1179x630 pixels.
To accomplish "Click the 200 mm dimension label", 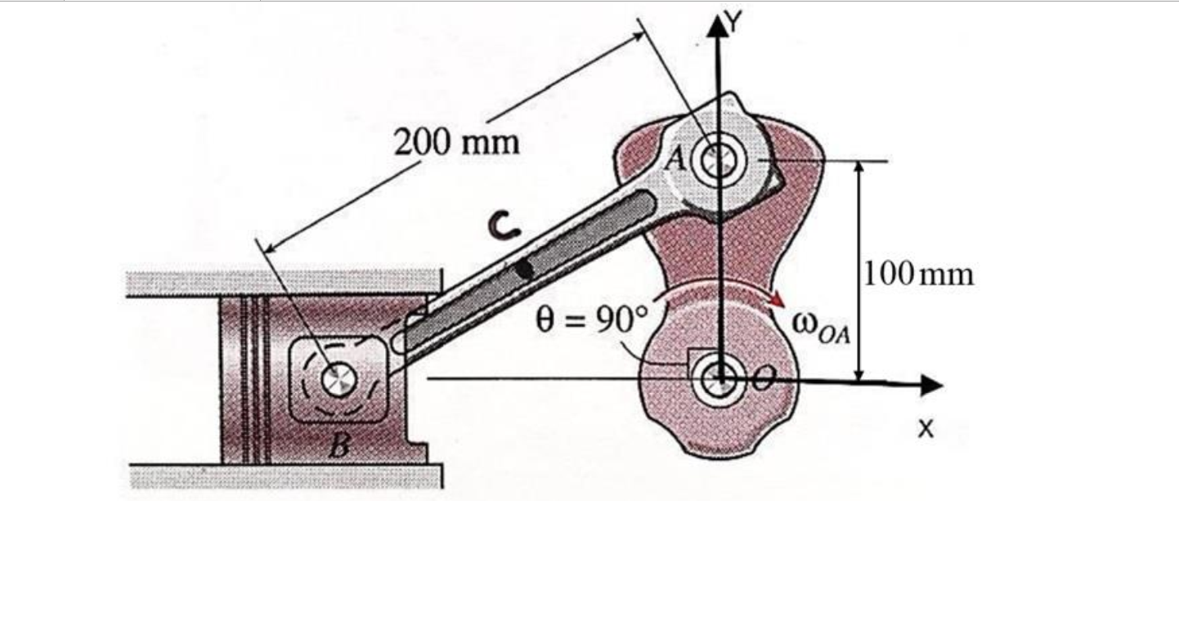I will (x=457, y=143).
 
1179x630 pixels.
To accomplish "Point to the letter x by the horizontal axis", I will (x=925, y=427).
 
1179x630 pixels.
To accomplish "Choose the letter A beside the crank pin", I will (x=675, y=159).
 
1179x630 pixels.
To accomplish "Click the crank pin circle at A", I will (x=718, y=159).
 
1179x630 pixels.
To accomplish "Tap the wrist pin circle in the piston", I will (x=335, y=378).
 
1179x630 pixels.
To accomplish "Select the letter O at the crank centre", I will (x=762, y=378).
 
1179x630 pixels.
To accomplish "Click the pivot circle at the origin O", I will (x=720, y=378).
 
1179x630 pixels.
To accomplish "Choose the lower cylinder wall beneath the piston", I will (x=286, y=476).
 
